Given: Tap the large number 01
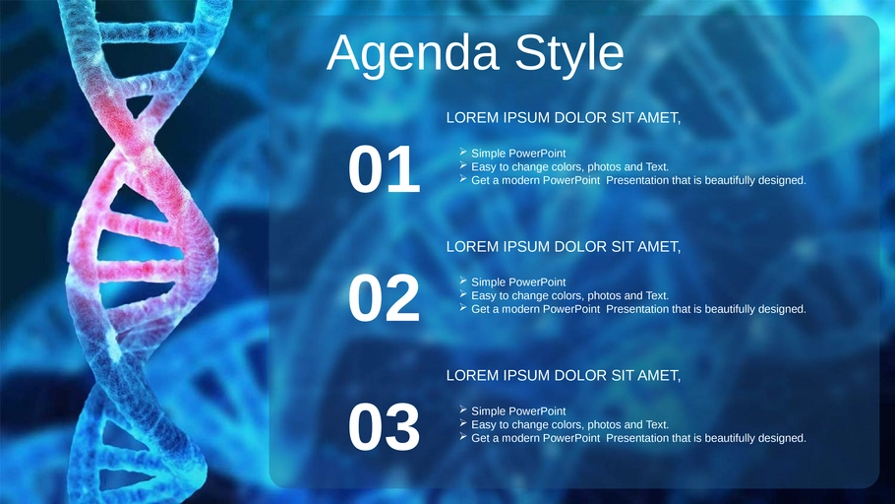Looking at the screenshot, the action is tap(384, 169).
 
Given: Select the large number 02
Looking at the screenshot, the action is tap(384, 298).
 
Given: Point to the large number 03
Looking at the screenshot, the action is tap(384, 427).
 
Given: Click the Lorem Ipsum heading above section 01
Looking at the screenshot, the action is tap(564, 118).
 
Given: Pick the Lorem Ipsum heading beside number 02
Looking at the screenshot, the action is tap(564, 247).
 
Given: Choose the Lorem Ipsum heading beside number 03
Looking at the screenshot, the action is tap(564, 375).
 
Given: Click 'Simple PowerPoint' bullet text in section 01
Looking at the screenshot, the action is tap(518, 154).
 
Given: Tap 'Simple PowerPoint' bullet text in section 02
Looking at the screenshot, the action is tap(518, 283).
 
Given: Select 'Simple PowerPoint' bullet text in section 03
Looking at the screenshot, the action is tap(518, 410).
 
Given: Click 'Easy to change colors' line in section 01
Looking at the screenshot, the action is tap(569, 167).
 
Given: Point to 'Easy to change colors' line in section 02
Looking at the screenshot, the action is tap(569, 295).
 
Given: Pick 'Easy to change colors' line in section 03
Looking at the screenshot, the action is tap(569, 424).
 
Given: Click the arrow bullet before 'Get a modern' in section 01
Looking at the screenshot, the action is tap(463, 179).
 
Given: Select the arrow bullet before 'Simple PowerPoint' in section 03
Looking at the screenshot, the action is tap(463, 409).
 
